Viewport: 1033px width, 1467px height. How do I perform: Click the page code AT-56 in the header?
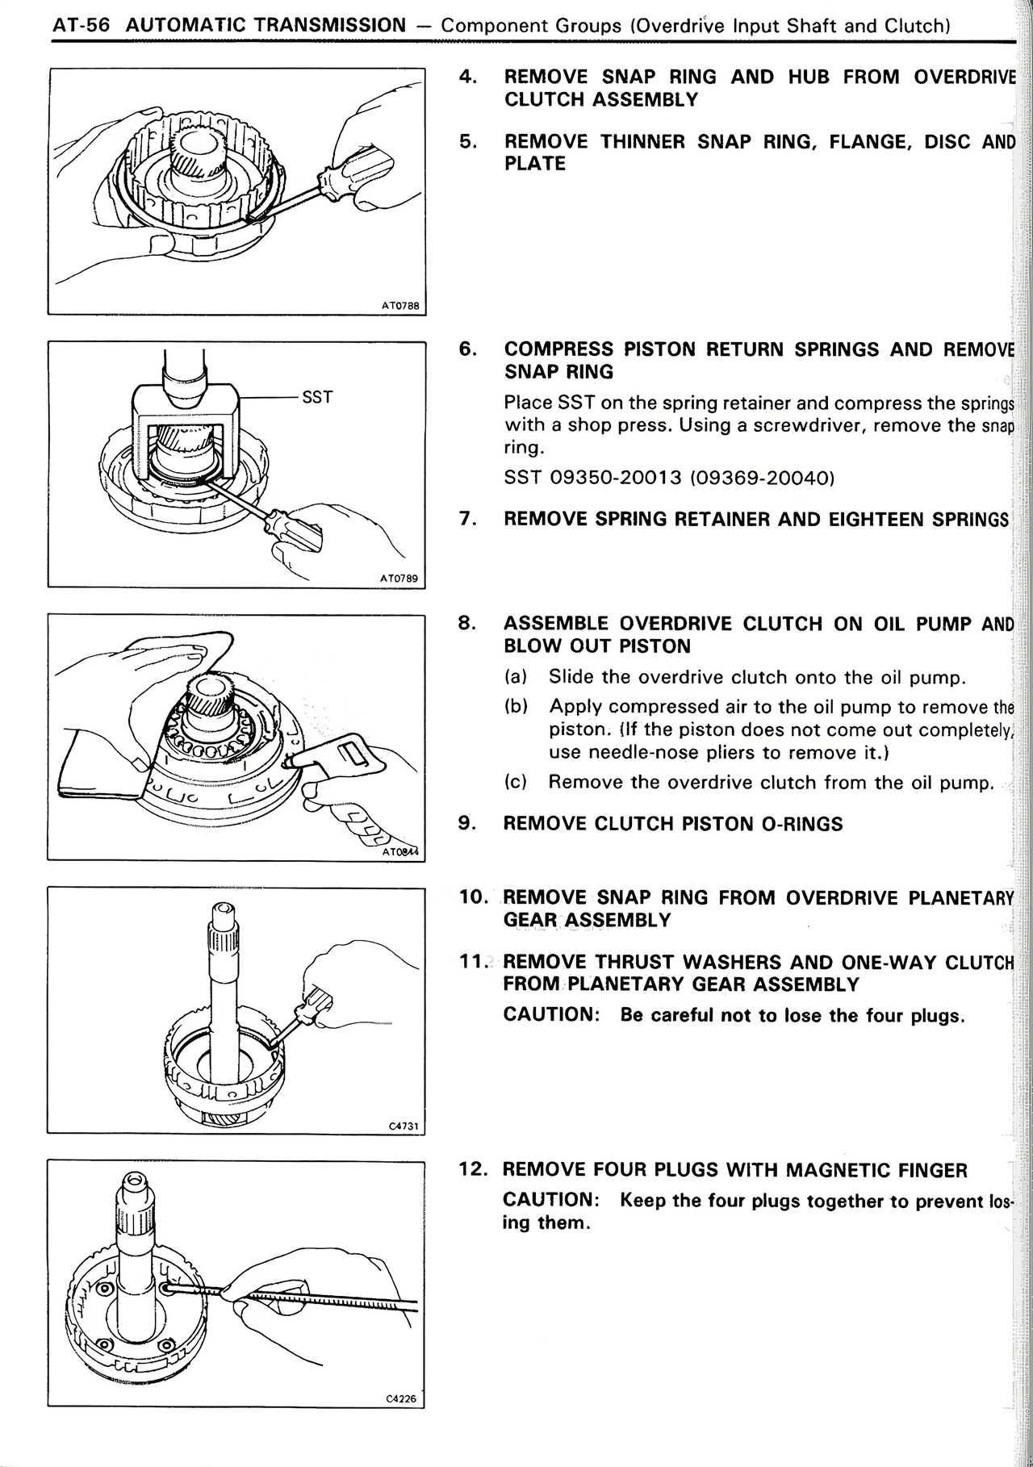pos(81,25)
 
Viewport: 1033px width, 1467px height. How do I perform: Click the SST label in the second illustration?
pos(316,397)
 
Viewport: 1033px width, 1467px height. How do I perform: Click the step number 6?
pos(466,349)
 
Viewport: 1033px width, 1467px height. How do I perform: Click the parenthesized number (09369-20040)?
pos(763,478)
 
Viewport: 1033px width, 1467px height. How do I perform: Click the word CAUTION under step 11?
pos(550,1015)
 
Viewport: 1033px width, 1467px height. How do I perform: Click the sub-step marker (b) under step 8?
pos(516,707)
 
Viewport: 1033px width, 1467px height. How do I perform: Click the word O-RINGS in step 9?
pos(802,824)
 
